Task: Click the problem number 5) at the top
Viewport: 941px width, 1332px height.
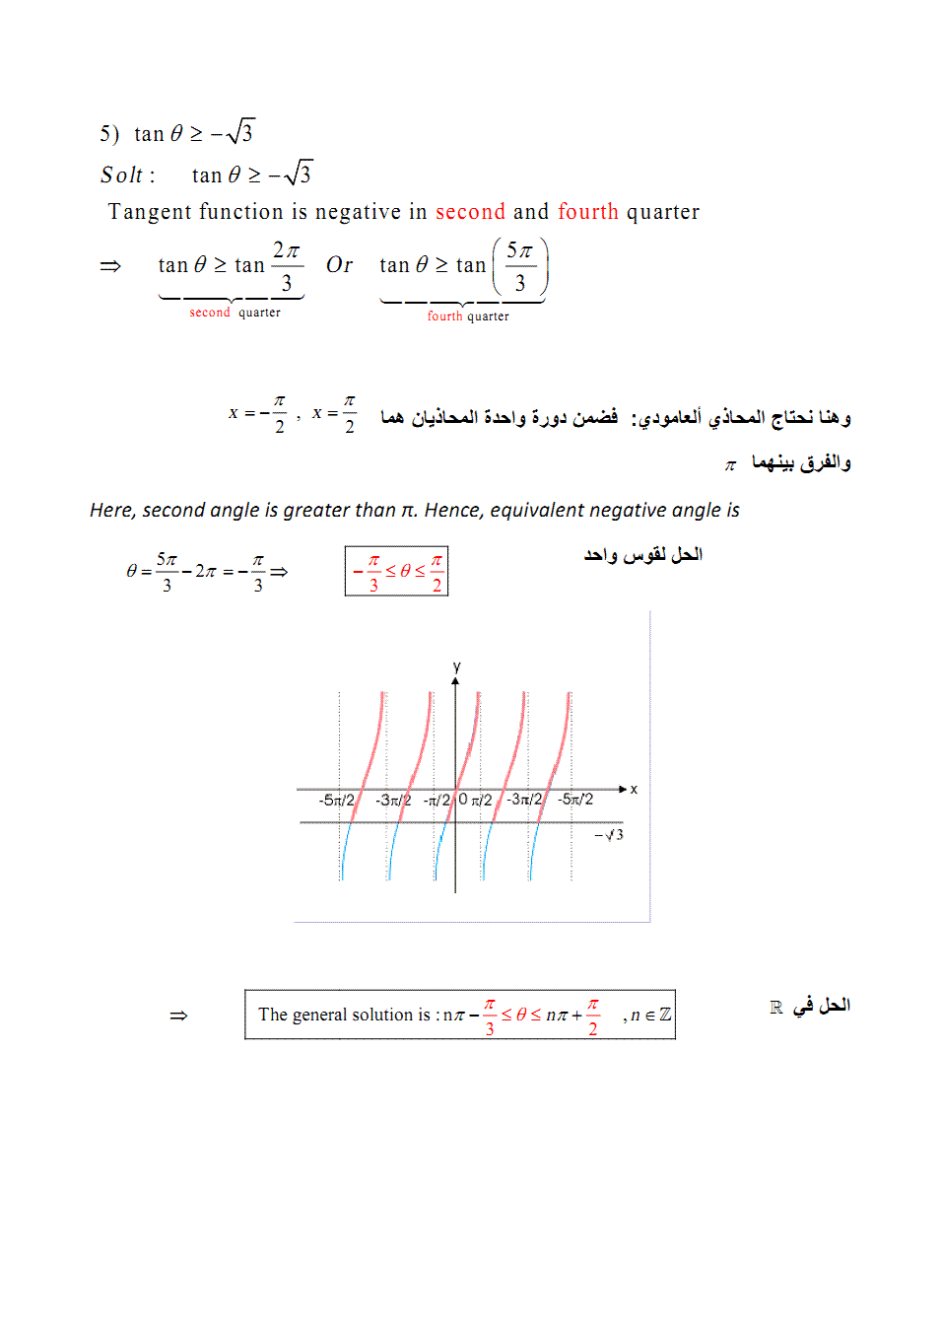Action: click(x=108, y=134)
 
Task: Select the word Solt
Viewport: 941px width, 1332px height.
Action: click(x=122, y=175)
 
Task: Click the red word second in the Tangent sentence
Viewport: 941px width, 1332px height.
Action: click(x=470, y=212)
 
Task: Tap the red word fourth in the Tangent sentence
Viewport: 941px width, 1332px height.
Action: click(x=588, y=212)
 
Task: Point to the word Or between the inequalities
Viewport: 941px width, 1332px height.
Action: click(x=339, y=265)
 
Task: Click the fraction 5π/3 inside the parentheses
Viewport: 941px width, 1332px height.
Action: click(x=519, y=266)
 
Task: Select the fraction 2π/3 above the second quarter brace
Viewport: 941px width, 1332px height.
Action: click(x=286, y=265)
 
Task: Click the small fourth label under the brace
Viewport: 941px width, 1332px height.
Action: click(x=444, y=316)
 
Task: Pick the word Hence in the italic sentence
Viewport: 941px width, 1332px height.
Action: click(x=451, y=510)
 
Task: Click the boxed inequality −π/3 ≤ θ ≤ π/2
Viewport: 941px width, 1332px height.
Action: click(x=396, y=571)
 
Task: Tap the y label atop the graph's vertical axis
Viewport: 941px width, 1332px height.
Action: click(x=456, y=667)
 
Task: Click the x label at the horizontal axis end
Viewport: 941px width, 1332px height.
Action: click(x=634, y=790)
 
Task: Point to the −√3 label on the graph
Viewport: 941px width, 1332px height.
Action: click(x=609, y=835)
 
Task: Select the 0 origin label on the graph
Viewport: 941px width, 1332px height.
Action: click(x=463, y=800)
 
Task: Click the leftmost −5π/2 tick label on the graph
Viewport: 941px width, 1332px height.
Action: click(x=336, y=800)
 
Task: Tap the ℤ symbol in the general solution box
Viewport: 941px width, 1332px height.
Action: click(x=665, y=1015)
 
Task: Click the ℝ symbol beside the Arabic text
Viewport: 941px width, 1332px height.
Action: click(x=776, y=1007)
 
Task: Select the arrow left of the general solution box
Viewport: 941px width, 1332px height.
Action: click(x=178, y=1016)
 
